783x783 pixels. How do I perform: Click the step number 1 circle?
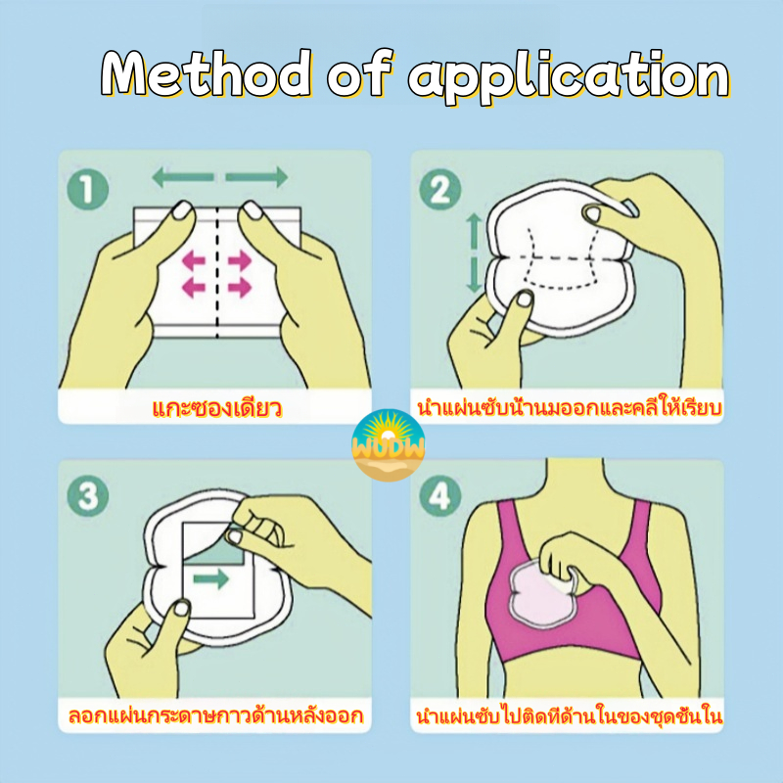click(88, 190)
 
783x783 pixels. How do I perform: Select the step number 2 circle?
click(439, 190)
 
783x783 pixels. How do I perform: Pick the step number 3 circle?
click(88, 495)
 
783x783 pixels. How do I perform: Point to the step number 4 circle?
click(439, 495)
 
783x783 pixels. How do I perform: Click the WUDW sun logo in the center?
click(389, 445)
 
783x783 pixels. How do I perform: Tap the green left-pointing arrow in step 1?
click(183, 177)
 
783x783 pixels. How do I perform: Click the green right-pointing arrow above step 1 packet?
click(256, 177)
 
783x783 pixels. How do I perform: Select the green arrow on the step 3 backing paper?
click(210, 579)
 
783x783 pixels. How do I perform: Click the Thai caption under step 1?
click(216, 408)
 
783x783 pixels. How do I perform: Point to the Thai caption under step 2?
click(570, 407)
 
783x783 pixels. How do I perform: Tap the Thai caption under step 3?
click(215, 715)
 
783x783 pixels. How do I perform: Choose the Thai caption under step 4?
click(570, 715)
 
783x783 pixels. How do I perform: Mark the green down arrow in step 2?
click(474, 275)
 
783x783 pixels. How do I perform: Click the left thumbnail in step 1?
click(183, 210)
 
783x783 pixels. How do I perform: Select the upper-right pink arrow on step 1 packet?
click(240, 260)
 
